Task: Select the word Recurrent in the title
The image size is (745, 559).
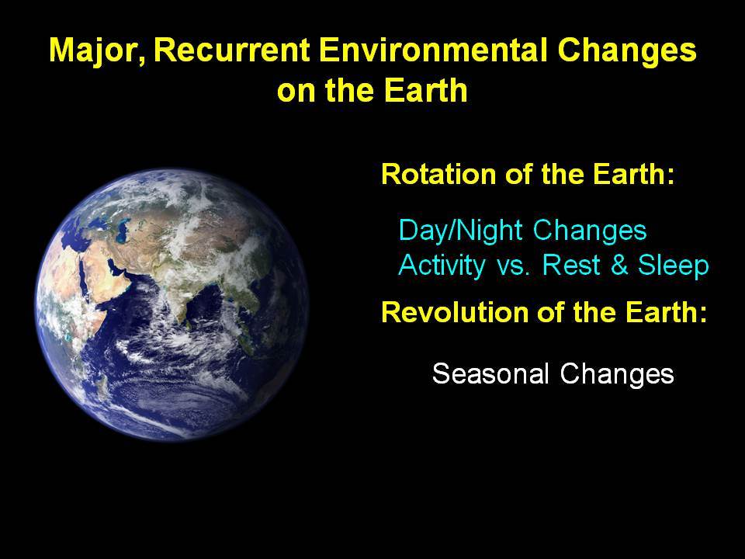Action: [232, 50]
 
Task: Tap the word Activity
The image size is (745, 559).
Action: [442, 266]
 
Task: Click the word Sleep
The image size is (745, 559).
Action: [673, 266]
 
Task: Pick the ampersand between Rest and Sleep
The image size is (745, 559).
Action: [619, 266]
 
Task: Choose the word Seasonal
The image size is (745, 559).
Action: [490, 373]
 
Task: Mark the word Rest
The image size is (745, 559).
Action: [571, 266]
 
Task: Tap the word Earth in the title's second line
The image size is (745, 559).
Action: [425, 90]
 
